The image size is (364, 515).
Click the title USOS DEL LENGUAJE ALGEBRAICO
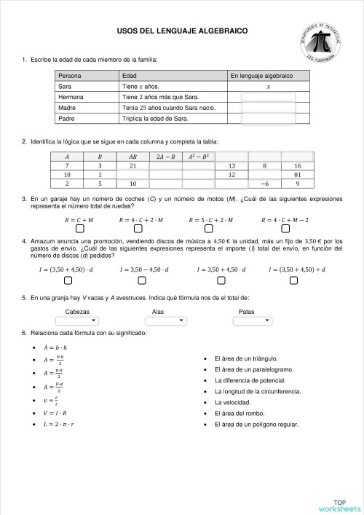click(x=182, y=31)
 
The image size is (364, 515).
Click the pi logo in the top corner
click(x=321, y=42)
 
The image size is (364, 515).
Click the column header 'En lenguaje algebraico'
click(x=261, y=76)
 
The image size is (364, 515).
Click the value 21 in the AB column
click(x=132, y=166)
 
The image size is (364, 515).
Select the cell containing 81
click(x=298, y=175)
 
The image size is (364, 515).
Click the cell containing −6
click(x=265, y=184)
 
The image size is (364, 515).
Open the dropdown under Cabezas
click(x=76, y=321)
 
